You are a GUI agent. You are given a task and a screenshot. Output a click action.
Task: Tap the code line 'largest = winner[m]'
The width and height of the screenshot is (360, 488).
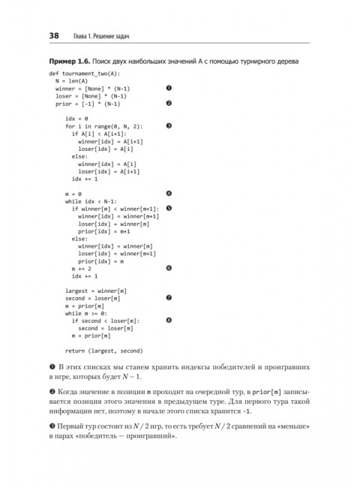point(96,291)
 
